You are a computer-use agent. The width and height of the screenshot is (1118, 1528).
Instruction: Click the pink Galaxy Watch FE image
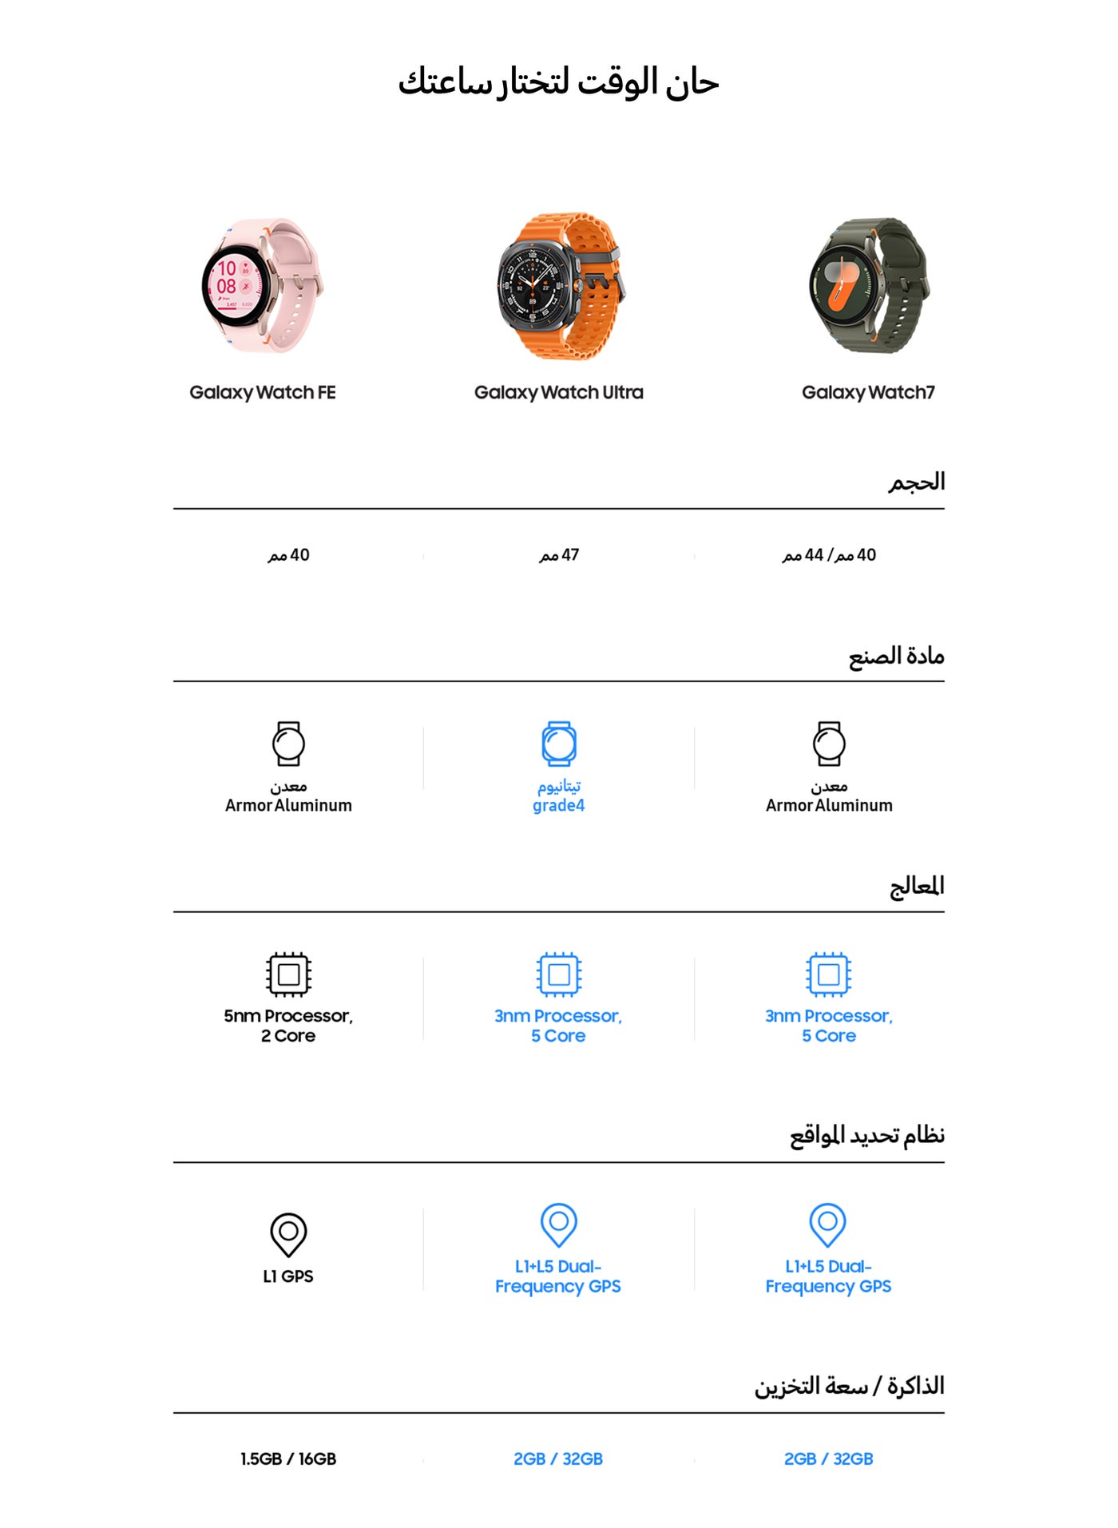pos(262,286)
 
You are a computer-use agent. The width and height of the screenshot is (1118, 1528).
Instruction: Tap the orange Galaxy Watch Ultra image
pos(559,286)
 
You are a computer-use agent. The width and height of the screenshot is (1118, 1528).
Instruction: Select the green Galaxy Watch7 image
pos(869,286)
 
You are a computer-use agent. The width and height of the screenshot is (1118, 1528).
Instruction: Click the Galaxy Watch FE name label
pos(262,392)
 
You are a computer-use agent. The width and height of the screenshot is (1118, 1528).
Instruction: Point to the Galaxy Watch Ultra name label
pos(558,392)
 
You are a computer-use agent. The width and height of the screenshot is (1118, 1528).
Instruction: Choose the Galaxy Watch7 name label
pos(868,392)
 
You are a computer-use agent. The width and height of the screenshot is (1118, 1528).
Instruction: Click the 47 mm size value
pos(559,555)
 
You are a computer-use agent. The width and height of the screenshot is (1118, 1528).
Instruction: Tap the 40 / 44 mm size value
pos(829,555)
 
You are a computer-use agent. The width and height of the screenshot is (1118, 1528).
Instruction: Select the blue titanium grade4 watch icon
pos(559,744)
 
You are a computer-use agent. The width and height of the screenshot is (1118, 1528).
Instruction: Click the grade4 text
pos(559,805)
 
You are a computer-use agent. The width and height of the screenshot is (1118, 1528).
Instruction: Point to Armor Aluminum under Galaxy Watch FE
pos(288,805)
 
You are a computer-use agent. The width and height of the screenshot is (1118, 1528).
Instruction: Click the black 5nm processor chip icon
pos(288,974)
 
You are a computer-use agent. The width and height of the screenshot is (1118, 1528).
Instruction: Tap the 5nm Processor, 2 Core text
pos(288,1026)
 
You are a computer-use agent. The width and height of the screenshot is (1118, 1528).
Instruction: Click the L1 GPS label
pos(288,1276)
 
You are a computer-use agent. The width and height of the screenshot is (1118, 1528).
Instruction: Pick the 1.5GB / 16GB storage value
pos(288,1459)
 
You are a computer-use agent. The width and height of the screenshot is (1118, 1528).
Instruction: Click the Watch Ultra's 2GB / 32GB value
pos(558,1459)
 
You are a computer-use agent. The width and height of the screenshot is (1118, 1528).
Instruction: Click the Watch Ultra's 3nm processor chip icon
pos(559,974)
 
